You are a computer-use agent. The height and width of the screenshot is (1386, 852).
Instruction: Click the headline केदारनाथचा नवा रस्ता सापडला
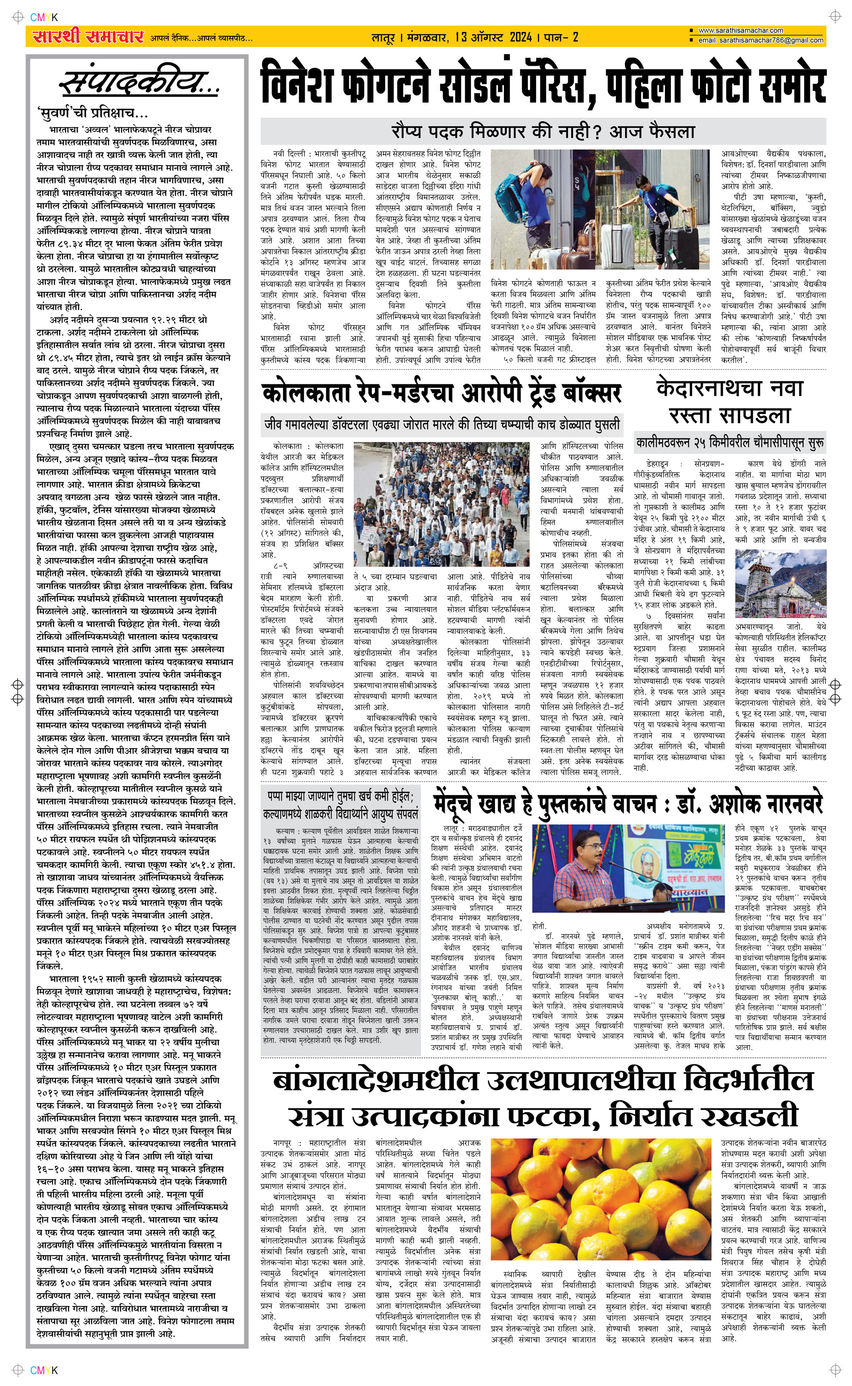point(730,402)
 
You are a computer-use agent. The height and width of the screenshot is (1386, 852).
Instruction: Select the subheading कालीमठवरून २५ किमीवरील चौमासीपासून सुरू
point(730,443)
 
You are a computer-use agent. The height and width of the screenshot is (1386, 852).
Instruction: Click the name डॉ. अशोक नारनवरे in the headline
point(750,804)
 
